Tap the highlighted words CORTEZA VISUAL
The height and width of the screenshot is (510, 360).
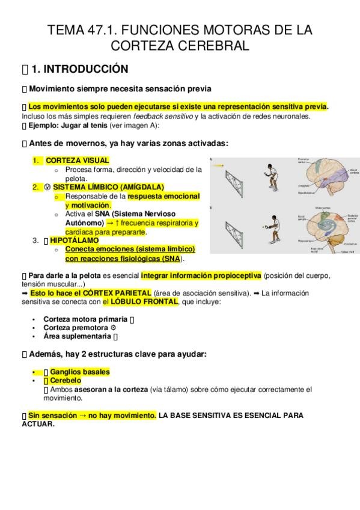pos(78,161)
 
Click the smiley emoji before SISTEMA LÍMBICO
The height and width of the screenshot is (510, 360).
pos(47,187)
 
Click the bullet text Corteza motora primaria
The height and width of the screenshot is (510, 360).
pos(85,319)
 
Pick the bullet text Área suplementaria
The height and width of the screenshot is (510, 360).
pos(77,337)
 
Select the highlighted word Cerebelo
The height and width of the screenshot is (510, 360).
pos(66,381)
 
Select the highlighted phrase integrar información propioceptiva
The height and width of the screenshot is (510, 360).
pos(201,276)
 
